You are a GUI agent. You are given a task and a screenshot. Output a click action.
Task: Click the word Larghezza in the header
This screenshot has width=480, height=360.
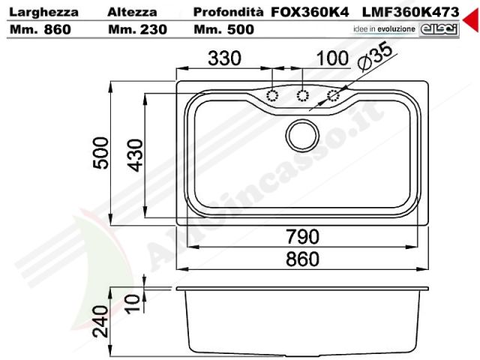click(43, 12)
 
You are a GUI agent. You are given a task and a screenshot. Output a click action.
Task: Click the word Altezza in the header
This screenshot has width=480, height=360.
click(132, 12)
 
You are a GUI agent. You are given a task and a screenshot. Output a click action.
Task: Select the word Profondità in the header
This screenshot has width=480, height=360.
click(228, 12)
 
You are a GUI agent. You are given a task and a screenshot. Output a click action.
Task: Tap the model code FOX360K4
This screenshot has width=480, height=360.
click(310, 12)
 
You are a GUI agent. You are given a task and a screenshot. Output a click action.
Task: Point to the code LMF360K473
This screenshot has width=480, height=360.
click(410, 12)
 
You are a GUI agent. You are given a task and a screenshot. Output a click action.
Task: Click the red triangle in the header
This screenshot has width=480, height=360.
click(472, 20)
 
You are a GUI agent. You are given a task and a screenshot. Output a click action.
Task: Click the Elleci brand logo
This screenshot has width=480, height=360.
click(439, 30)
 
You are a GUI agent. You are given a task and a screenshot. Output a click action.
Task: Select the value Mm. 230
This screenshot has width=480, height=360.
click(138, 30)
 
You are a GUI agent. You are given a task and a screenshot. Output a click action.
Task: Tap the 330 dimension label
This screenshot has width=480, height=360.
click(224, 58)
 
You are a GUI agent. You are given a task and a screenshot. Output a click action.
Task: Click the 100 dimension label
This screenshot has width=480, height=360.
click(332, 58)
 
